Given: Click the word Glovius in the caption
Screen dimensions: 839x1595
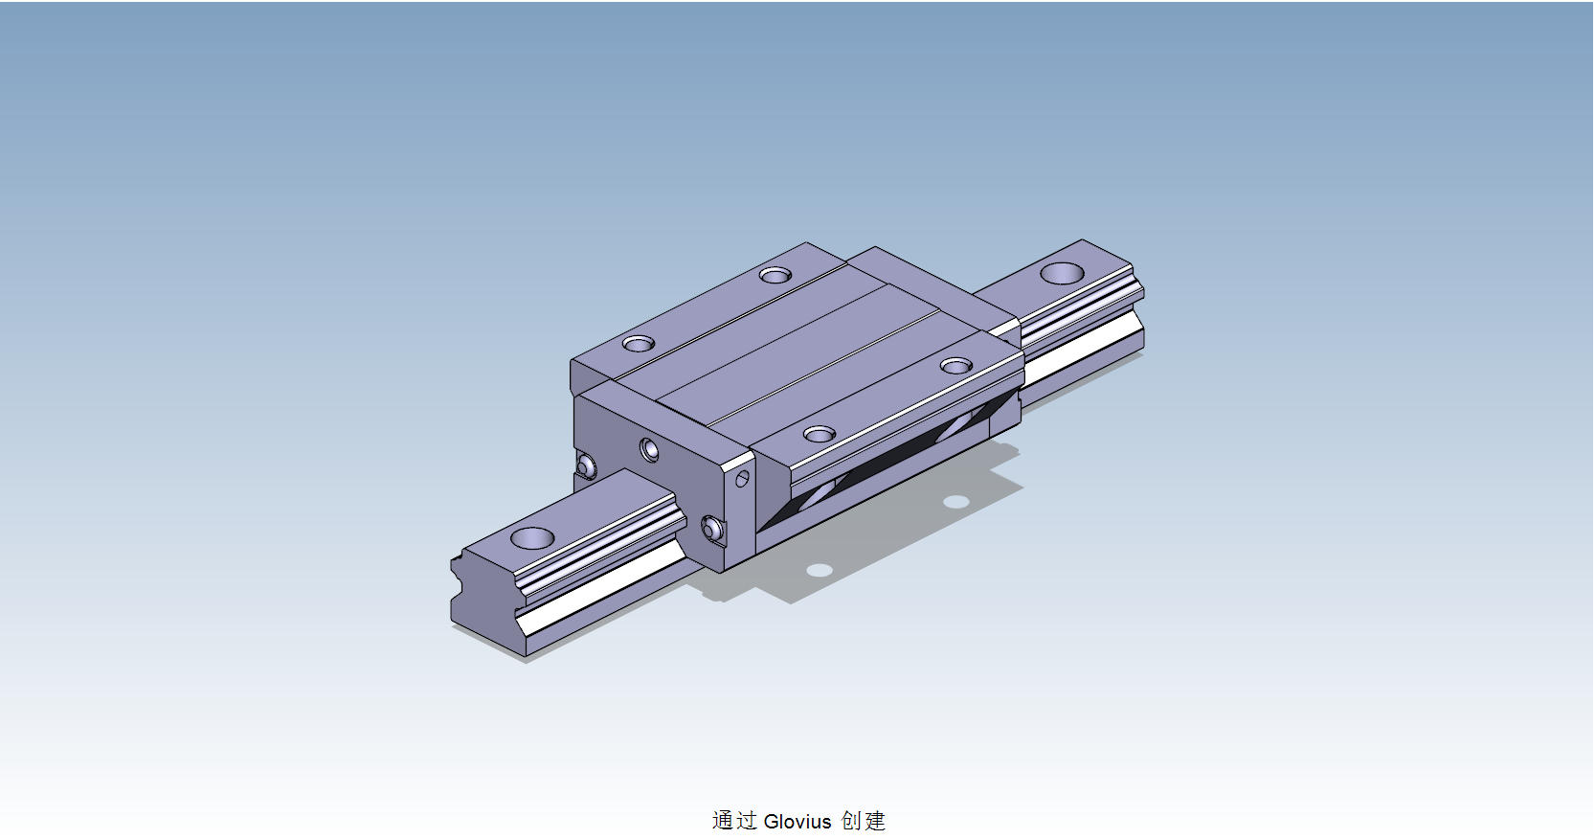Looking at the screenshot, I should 797,821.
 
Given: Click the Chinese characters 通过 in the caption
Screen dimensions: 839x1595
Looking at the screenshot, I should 734,821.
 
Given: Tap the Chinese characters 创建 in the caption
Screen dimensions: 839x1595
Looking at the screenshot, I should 864,821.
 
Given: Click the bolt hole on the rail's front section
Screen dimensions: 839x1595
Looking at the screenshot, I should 532,537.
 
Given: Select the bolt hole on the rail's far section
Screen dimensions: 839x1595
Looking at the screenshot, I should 1063,273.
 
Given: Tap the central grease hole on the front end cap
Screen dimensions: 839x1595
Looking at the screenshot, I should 650,449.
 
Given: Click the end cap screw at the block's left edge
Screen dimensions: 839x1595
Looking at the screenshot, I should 586,466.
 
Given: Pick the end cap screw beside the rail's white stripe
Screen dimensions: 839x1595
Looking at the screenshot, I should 710,528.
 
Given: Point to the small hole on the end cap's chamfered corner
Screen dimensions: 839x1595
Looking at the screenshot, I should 742,478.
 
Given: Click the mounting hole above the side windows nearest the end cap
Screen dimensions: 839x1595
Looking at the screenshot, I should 820,435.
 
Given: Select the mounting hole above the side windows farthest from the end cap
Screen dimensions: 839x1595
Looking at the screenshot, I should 956,366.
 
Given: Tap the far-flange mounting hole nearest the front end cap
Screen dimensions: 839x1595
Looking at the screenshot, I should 639,343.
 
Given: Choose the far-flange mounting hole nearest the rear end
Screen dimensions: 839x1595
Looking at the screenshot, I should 775,275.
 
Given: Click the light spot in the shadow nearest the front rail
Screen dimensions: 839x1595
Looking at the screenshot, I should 820,570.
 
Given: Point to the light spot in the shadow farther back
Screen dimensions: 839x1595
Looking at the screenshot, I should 955,502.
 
